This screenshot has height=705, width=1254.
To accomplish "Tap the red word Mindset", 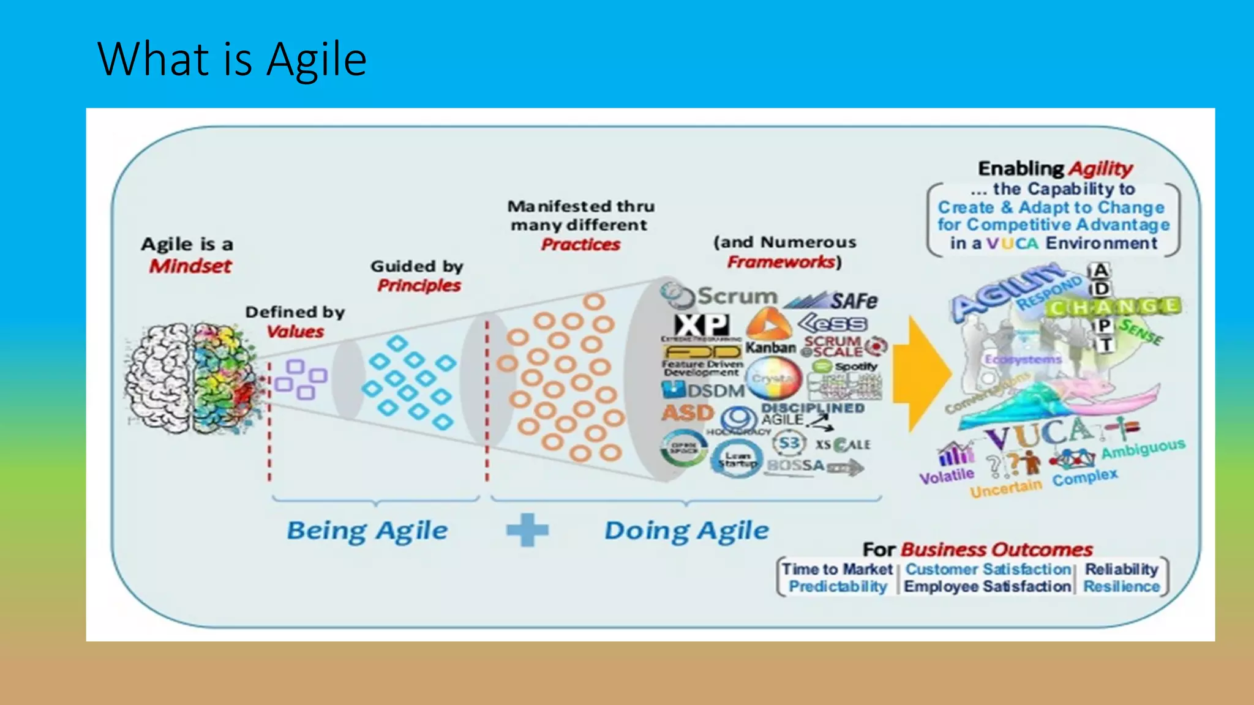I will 190,266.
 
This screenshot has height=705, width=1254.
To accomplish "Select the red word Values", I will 295,332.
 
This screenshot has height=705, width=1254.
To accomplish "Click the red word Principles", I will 419,286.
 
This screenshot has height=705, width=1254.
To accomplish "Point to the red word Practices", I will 580,245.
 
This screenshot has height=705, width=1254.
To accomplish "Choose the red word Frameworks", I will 781,263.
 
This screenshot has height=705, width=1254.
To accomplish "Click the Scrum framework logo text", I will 737,296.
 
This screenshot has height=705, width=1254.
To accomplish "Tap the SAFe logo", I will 833,300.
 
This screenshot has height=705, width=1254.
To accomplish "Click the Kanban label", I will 770,348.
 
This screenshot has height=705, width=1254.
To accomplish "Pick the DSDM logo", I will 704,390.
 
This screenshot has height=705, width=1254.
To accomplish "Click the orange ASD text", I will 688,412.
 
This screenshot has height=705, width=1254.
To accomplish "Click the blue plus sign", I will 527,530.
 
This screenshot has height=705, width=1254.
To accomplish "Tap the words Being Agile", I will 367,531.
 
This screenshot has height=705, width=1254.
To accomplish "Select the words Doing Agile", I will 686,531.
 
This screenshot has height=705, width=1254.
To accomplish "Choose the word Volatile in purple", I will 947,476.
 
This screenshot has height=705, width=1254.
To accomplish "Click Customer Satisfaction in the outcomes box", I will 988,569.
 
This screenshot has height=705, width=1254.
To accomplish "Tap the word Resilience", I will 1121,586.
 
